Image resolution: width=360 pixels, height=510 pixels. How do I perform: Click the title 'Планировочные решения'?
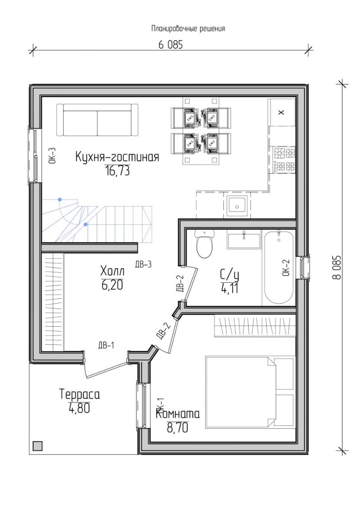point(188,29)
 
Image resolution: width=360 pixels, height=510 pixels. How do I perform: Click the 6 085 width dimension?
point(171,44)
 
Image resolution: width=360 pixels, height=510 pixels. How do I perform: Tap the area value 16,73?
point(117,170)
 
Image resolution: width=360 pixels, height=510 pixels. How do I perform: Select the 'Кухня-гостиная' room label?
point(117,157)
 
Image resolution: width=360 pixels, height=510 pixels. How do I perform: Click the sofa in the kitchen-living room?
point(97,120)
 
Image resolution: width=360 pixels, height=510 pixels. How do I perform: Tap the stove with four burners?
point(285,160)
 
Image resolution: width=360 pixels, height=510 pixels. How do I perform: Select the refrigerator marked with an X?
point(281,112)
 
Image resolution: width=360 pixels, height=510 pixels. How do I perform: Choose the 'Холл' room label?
point(112,271)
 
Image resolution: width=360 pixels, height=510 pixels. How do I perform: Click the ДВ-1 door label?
point(106,345)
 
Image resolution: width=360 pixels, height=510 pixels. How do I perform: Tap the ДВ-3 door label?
point(143,264)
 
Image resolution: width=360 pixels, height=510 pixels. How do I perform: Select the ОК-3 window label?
point(53,155)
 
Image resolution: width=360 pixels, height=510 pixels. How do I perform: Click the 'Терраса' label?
point(80,394)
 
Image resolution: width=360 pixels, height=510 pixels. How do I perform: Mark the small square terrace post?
point(38,446)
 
